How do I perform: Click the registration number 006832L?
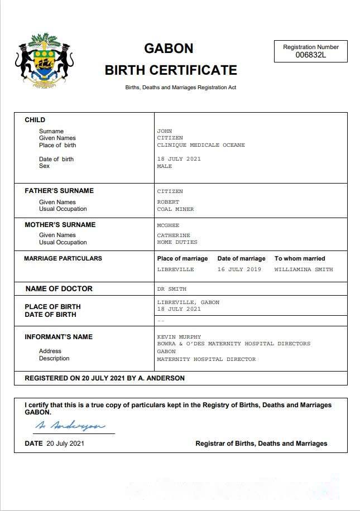point(311,55)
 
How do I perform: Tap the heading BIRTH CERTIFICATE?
point(171,70)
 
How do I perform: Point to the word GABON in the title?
point(169,49)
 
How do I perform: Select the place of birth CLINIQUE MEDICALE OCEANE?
point(201,145)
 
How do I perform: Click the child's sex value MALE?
point(165,166)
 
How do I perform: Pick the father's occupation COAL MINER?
point(175,209)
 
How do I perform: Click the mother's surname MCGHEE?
point(168,225)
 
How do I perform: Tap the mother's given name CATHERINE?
point(174,235)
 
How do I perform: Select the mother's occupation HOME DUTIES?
point(177,242)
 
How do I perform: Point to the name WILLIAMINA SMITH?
point(304,269)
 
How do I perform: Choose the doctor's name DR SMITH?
point(172,289)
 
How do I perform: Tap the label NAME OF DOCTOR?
point(59,289)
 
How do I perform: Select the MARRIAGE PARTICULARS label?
point(63,258)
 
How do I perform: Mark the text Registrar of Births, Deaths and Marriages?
point(261,443)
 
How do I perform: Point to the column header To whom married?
point(300,258)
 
